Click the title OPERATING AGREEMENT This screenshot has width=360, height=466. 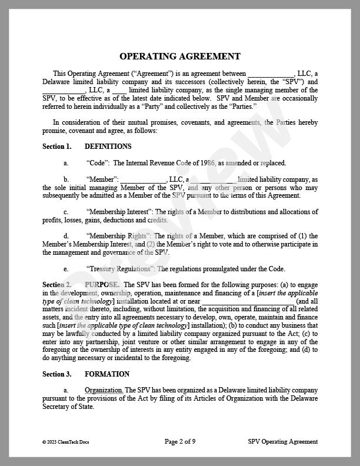(180, 56)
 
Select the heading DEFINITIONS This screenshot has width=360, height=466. (108, 147)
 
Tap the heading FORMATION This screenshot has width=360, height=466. (107, 374)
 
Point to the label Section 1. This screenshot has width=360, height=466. (57, 147)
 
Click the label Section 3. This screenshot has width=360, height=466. (57, 374)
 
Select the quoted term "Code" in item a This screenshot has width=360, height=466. (97, 163)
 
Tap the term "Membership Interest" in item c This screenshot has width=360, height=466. (120, 212)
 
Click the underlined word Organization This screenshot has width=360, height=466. (104, 390)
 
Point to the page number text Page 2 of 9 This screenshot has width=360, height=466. (179, 441)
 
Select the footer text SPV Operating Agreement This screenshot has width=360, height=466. (283, 441)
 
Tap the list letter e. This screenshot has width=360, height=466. (65, 268)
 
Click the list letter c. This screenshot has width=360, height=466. (65, 212)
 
